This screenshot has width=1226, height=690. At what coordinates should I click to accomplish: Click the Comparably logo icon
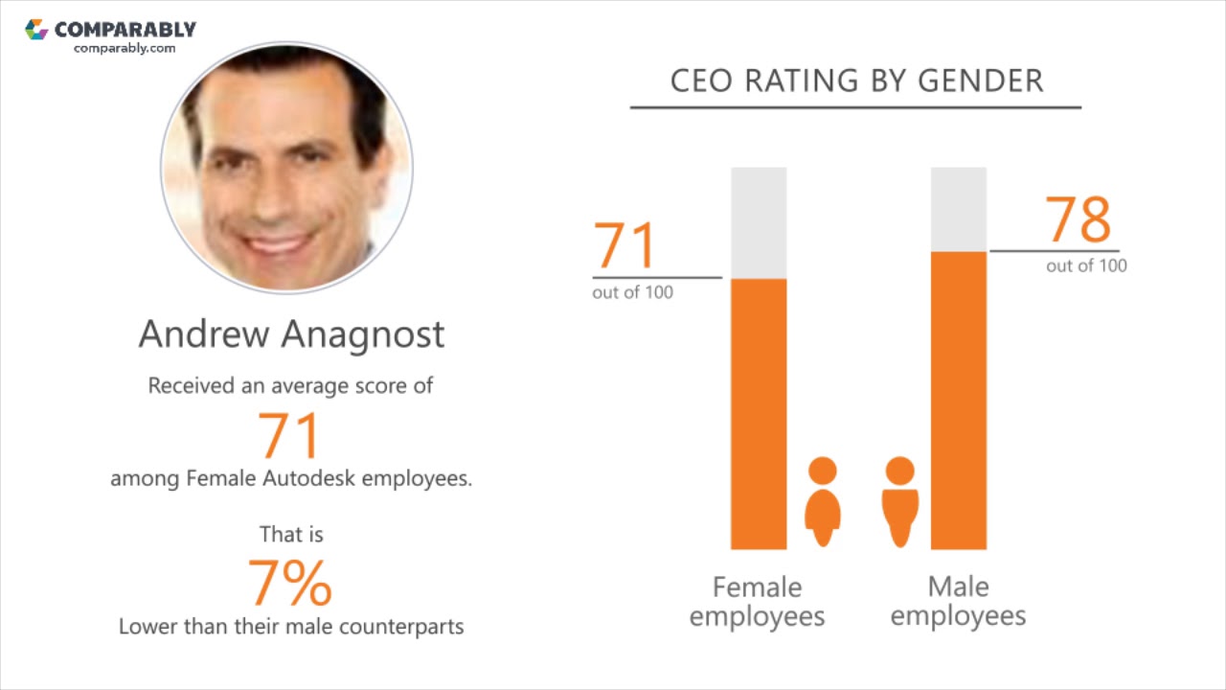click(x=36, y=30)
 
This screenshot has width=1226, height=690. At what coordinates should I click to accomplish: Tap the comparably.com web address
click(x=125, y=48)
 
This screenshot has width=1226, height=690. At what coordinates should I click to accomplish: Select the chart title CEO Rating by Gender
click(x=856, y=80)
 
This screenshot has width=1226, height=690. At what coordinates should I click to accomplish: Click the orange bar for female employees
click(x=759, y=413)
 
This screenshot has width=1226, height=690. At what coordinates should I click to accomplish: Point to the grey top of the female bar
click(x=759, y=222)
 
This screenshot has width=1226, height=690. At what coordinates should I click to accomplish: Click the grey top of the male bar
click(x=959, y=209)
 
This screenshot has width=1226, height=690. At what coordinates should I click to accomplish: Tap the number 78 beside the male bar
click(x=1078, y=219)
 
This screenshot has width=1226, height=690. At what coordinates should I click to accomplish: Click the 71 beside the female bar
click(x=625, y=245)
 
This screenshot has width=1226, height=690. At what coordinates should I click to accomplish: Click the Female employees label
click(x=757, y=601)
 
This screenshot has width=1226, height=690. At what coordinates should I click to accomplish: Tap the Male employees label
click(x=958, y=601)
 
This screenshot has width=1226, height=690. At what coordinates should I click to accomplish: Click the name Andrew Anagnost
click(x=291, y=333)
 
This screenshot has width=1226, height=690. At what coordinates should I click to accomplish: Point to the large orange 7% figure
click(x=290, y=583)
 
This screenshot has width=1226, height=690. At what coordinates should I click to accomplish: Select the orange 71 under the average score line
click(x=288, y=435)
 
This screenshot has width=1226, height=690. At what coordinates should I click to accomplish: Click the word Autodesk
click(x=309, y=477)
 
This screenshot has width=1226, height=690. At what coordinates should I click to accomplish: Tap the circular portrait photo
click(x=286, y=167)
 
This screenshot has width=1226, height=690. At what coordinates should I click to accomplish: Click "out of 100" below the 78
click(x=1086, y=265)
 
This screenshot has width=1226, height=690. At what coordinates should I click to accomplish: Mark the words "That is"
click(x=291, y=534)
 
